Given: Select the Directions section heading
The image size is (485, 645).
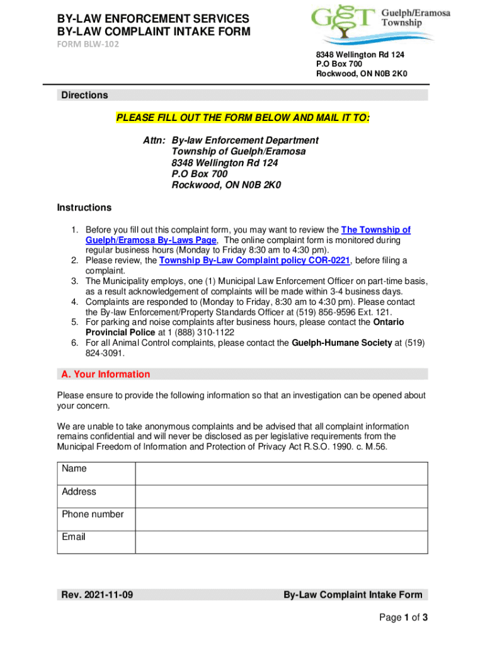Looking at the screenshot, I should [x=84, y=95].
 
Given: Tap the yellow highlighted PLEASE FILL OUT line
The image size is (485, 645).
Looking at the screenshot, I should [x=243, y=118].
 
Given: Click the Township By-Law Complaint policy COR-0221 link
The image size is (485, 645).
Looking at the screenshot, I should [x=254, y=261].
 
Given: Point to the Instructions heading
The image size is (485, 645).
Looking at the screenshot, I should [x=84, y=208].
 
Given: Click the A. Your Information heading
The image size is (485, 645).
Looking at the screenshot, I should [x=106, y=374].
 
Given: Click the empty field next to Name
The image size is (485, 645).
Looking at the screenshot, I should [x=282, y=473].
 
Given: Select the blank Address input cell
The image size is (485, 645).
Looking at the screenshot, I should [x=282, y=496].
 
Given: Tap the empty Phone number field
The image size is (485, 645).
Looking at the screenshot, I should [x=282, y=518].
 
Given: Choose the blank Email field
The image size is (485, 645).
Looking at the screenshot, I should [x=282, y=542].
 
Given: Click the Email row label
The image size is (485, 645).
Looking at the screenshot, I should [x=74, y=537].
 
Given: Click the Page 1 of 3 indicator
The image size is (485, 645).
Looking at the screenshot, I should [x=403, y=618].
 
